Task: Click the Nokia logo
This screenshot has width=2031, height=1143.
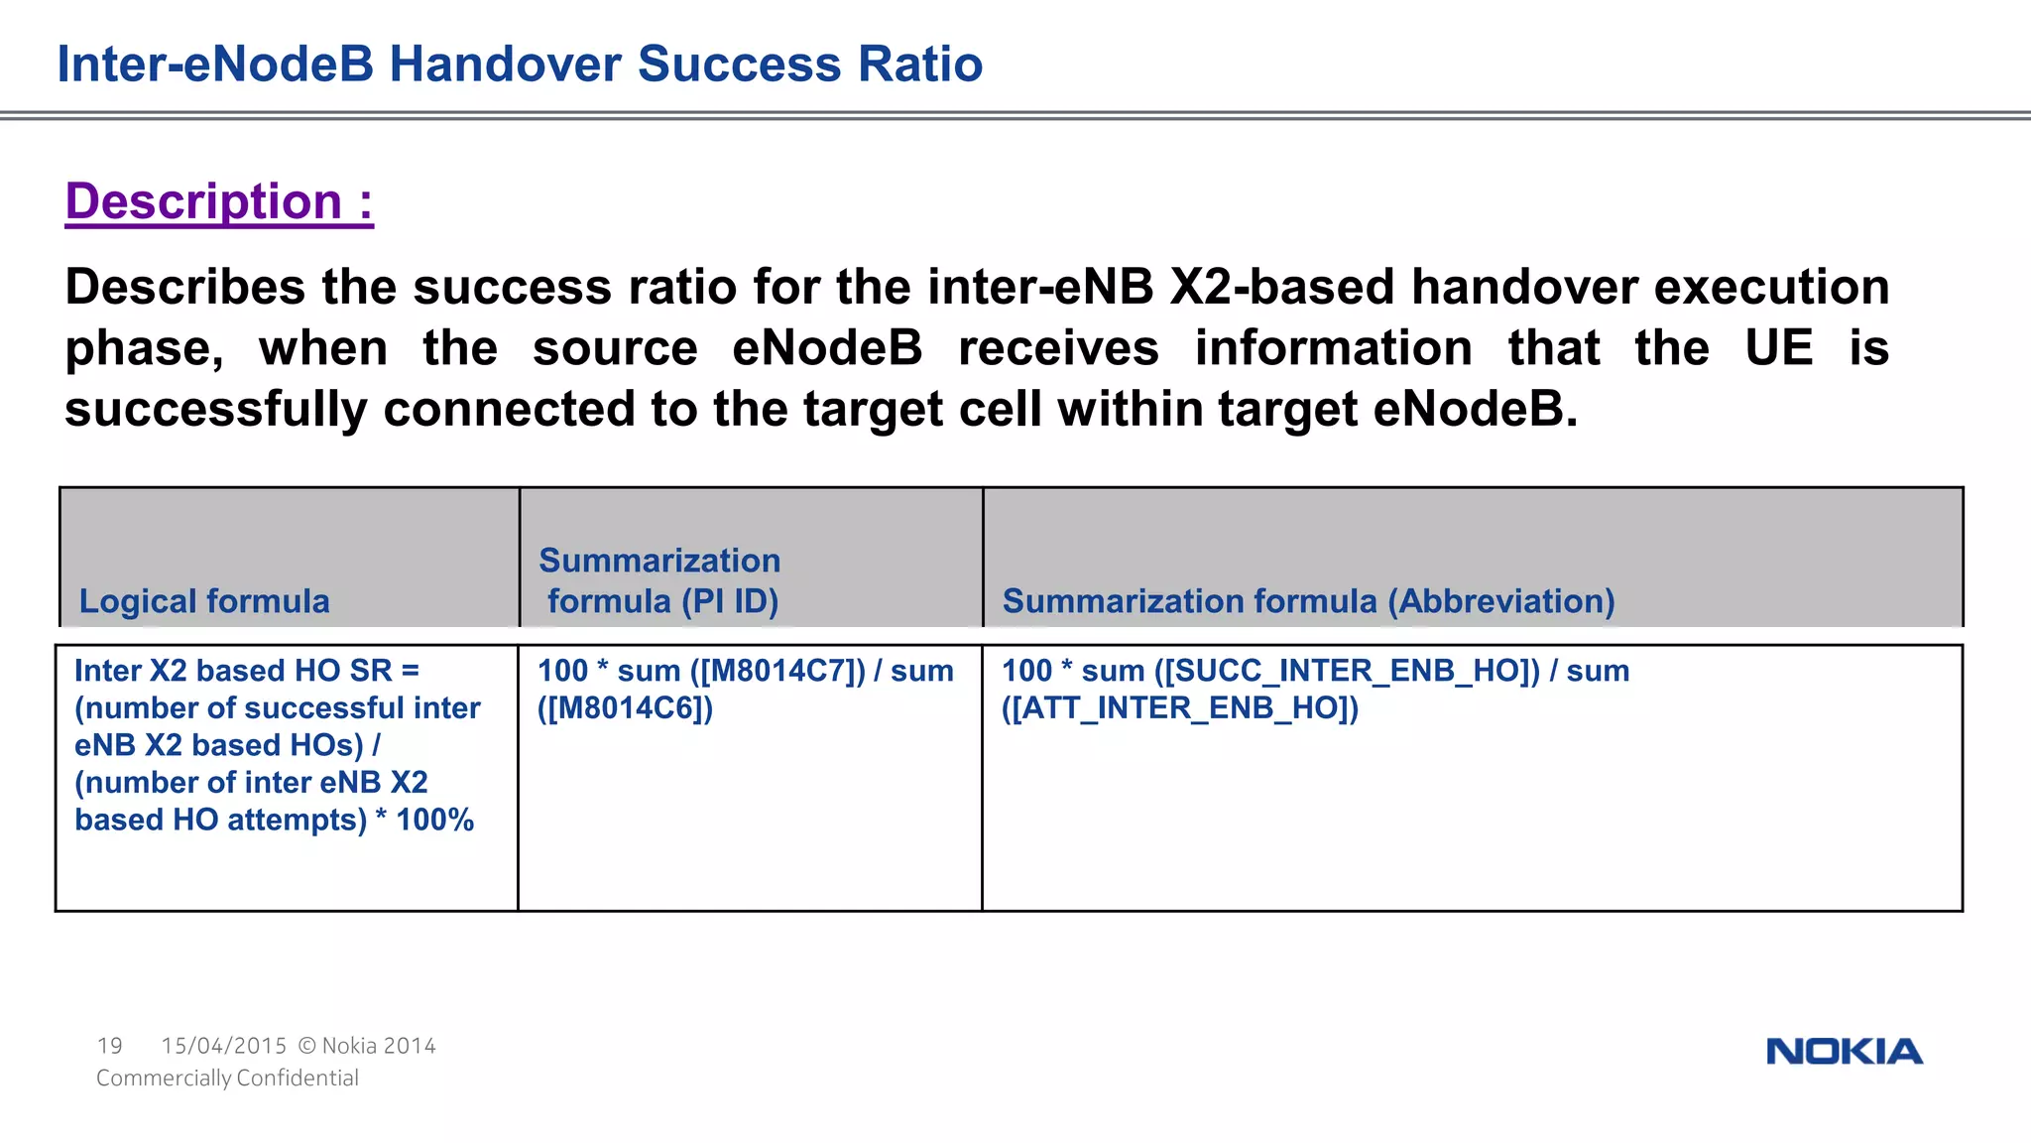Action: pyautogui.click(x=1844, y=1052)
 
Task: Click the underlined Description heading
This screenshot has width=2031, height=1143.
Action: pyautogui.click(x=219, y=201)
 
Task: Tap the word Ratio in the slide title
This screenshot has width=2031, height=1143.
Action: pyautogui.click(x=920, y=64)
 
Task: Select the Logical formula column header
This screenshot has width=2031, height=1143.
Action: pyautogui.click(x=204, y=601)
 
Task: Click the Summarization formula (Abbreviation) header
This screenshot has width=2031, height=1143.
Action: pyautogui.click(x=1308, y=601)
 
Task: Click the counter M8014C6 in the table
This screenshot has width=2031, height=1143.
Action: pyautogui.click(x=626, y=708)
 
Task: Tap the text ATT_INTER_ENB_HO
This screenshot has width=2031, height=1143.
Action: pyautogui.click(x=1180, y=708)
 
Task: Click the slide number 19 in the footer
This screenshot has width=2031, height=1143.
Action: pyautogui.click(x=110, y=1046)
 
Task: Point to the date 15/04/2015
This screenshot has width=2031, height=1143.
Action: pyautogui.click(x=224, y=1046)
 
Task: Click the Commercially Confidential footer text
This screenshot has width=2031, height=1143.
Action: pyautogui.click(x=227, y=1079)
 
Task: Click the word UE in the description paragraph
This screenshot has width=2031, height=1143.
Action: pyautogui.click(x=1778, y=348)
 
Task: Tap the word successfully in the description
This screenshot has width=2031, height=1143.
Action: pyautogui.click(x=215, y=410)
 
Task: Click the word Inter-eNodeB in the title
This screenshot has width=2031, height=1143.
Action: pyautogui.click(x=215, y=64)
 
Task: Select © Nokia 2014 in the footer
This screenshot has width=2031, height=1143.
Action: pyautogui.click(x=367, y=1046)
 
